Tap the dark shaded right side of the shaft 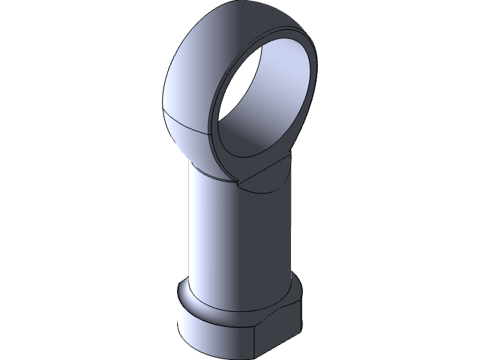click(279, 240)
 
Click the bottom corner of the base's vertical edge click(256, 356)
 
